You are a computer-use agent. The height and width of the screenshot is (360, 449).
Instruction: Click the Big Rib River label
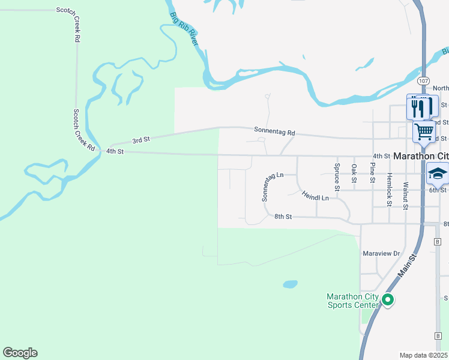tap(184, 28)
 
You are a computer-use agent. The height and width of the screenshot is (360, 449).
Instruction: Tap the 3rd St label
tap(140, 140)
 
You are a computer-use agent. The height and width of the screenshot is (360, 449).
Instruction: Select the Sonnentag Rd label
tap(274, 131)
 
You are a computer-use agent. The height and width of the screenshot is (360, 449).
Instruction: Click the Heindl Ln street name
tap(315, 196)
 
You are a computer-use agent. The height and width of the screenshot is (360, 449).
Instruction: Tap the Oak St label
tap(355, 173)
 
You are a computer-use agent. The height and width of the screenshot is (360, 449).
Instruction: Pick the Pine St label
tap(373, 173)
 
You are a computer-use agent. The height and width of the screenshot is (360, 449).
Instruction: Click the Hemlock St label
tap(390, 190)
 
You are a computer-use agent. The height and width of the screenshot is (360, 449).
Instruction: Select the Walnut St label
tap(406, 196)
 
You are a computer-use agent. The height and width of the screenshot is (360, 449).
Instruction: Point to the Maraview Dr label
tap(381, 254)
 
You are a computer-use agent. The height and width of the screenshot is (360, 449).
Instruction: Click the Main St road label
tap(408, 266)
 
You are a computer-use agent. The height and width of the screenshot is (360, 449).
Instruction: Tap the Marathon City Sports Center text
tap(352, 301)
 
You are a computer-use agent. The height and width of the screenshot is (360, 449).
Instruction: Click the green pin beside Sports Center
tap(388, 299)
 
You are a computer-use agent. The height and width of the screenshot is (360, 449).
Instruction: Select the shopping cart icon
tap(424, 131)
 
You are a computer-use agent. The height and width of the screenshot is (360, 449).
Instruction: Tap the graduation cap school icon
tap(438, 173)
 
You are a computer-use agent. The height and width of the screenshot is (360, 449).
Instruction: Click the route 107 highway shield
tap(423, 80)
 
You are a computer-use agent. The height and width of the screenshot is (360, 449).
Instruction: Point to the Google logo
tap(20, 353)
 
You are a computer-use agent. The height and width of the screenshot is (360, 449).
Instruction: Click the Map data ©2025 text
tap(424, 355)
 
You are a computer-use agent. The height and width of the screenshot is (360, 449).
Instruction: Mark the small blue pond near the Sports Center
tap(290, 283)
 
